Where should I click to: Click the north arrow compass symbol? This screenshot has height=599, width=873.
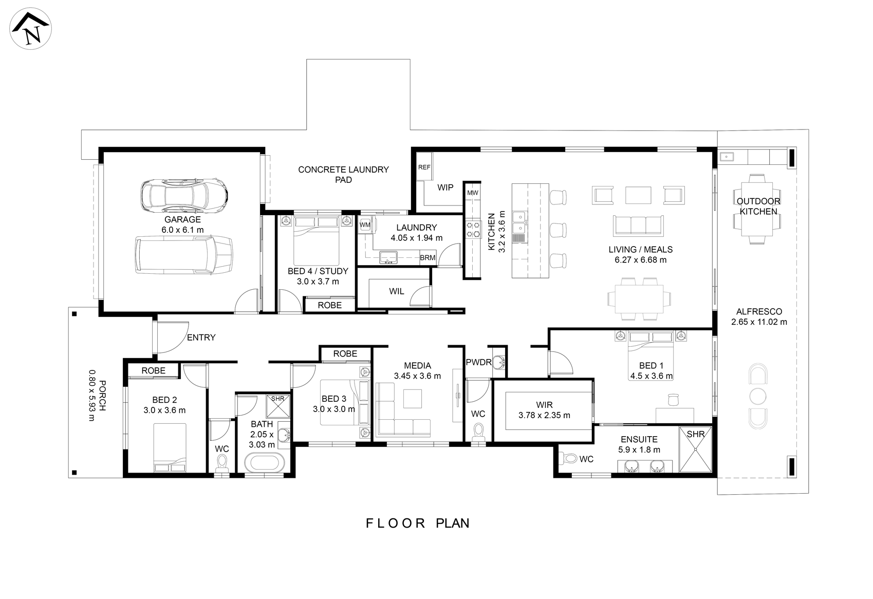(30, 28)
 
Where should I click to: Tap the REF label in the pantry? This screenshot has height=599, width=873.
(424, 167)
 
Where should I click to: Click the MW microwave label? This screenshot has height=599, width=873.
(472, 193)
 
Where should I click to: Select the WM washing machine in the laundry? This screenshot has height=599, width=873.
(365, 225)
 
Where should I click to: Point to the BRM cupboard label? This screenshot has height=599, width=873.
(428, 257)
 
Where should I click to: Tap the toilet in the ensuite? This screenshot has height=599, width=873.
(568, 458)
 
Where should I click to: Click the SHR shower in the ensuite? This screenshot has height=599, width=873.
(696, 450)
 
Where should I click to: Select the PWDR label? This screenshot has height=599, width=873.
(478, 362)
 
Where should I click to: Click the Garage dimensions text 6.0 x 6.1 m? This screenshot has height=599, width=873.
(182, 230)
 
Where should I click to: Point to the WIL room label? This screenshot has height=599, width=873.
(396, 291)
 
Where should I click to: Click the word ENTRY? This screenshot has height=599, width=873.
(201, 338)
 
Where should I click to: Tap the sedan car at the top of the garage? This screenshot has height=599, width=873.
(184, 196)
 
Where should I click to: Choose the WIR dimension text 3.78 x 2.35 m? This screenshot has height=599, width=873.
(544, 416)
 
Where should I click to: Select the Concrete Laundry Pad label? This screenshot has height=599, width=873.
(343, 175)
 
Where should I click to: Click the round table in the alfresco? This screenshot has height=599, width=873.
(757, 397)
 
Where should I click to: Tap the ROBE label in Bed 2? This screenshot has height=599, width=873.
(153, 370)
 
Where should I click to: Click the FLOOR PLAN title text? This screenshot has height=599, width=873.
(418, 523)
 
